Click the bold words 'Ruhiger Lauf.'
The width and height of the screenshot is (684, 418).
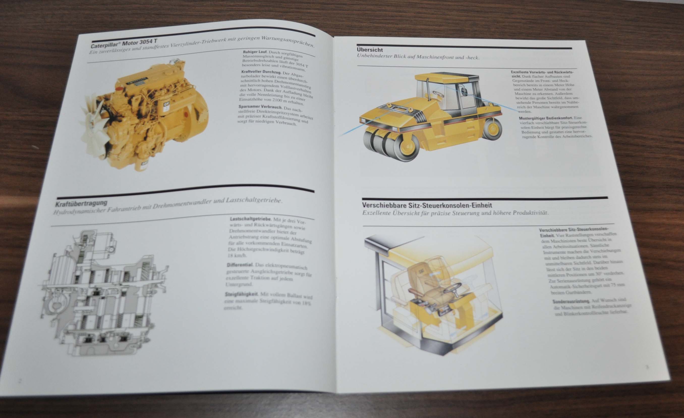(x=255, y=52)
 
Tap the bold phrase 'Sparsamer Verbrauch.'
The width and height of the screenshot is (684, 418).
(x=260, y=107)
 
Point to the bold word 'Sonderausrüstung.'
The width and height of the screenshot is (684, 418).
(x=571, y=302)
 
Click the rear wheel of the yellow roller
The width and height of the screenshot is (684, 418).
(x=493, y=128)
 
